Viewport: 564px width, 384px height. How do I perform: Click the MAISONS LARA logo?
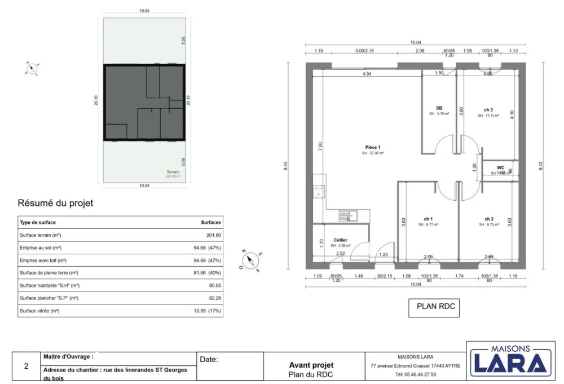pyautogui.click(x=510, y=359)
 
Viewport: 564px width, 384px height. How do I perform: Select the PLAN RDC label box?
pyautogui.click(x=435, y=307)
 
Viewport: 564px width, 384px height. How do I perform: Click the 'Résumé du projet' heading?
pyautogui.click(x=55, y=203)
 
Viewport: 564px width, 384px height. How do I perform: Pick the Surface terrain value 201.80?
pyautogui.click(x=214, y=235)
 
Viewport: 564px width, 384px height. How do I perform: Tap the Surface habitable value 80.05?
pyautogui.click(x=214, y=285)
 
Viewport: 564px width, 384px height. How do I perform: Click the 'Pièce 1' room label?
pyautogui.click(x=373, y=147)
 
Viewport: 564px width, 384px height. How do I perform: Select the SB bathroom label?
pyautogui.click(x=439, y=108)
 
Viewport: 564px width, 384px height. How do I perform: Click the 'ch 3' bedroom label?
pyautogui.click(x=488, y=110)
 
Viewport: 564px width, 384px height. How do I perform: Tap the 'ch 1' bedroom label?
pyautogui.click(x=428, y=219)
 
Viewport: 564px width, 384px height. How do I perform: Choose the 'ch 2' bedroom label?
pyautogui.click(x=488, y=219)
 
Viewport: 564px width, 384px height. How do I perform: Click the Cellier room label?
pyautogui.click(x=340, y=240)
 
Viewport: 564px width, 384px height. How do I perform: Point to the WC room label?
pyautogui.click(x=500, y=167)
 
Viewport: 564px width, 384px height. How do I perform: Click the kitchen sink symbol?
pyautogui.click(x=347, y=215)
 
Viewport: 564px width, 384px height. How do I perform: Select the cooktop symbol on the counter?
pyautogui.click(x=319, y=192)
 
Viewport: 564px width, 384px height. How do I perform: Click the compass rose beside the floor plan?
pyautogui.click(x=251, y=260)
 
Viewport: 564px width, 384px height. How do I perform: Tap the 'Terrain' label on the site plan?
pyautogui.click(x=173, y=172)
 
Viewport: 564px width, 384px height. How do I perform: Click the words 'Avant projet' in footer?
pyautogui.click(x=311, y=365)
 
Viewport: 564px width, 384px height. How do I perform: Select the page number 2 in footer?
pyautogui.click(x=26, y=366)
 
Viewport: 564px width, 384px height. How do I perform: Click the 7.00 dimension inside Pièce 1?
pyautogui.click(x=320, y=145)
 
